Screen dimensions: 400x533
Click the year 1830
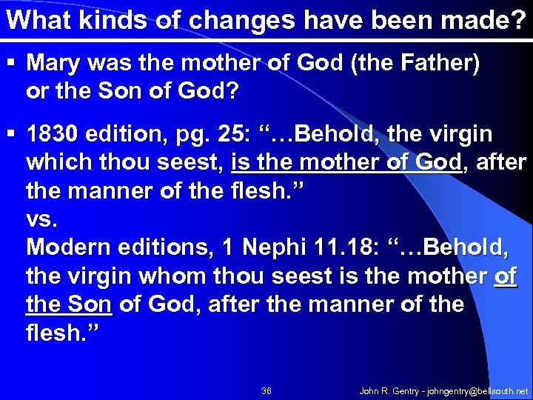[x=51, y=135]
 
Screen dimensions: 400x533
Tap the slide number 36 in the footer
[x=266, y=390]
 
